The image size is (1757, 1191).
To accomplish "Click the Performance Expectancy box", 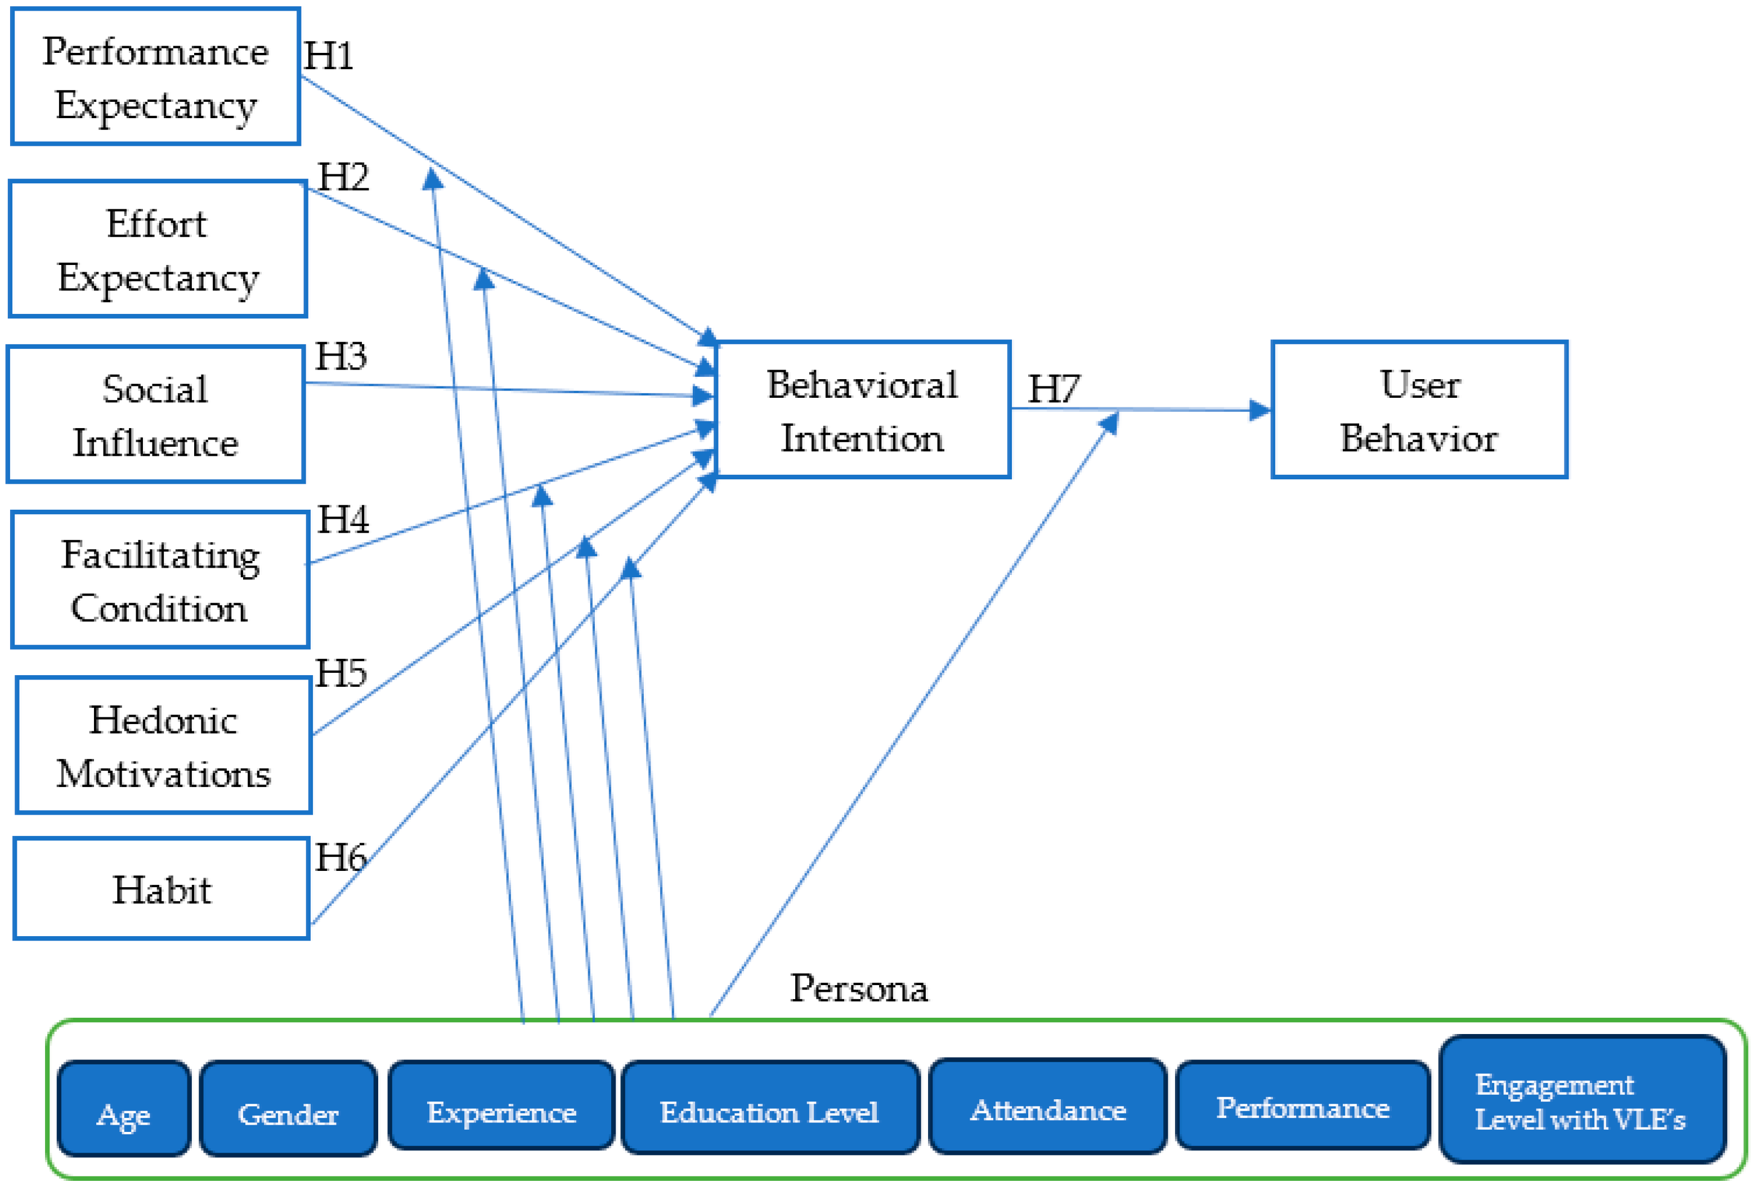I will (x=155, y=77).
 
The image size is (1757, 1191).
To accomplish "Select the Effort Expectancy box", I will (x=157, y=249).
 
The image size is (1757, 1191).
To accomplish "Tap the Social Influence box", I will (x=155, y=415).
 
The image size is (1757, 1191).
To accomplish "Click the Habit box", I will (x=161, y=889).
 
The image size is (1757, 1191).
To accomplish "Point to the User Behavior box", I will (x=1419, y=410).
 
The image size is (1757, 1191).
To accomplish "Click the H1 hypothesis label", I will (x=328, y=56).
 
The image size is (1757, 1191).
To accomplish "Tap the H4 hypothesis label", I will (x=343, y=520).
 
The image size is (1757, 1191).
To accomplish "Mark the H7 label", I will (x=1053, y=389).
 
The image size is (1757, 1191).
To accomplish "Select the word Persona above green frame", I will (x=859, y=988).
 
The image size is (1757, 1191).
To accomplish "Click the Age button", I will (x=123, y=1114).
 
